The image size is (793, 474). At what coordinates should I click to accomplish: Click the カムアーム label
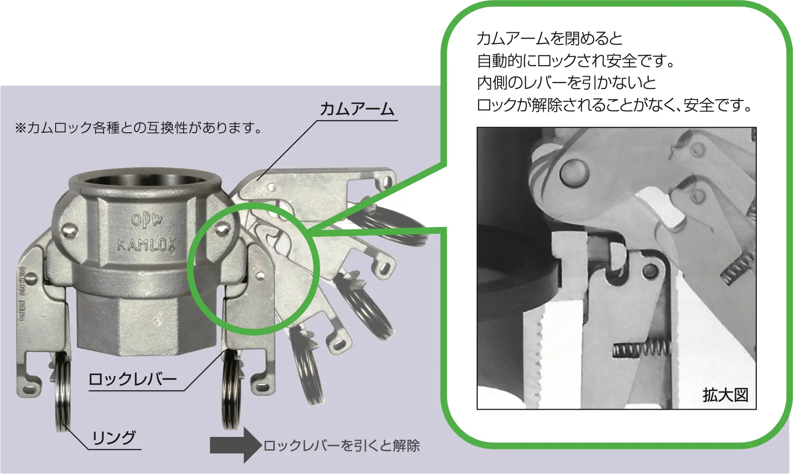pos(357,109)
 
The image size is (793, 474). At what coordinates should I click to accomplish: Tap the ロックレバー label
pos(132,380)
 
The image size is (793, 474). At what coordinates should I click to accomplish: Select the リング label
pos(114,438)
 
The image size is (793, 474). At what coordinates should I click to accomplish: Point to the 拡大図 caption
pos(725,395)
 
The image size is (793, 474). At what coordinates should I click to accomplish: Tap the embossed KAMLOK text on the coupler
pos(146,245)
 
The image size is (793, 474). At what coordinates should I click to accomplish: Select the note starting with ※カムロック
pos(138,128)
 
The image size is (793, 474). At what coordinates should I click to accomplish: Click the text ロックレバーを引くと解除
pos(342,445)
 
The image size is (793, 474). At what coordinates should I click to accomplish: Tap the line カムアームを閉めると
pos(549,39)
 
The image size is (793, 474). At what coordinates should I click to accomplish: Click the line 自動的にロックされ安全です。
pos(576,61)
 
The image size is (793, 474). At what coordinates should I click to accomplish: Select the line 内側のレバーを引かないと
pos(567,83)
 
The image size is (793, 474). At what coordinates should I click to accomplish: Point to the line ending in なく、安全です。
pos(614,105)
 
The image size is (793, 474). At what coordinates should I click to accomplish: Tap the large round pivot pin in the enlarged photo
pos(574,173)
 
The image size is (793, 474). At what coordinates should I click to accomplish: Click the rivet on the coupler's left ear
pos(69,231)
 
